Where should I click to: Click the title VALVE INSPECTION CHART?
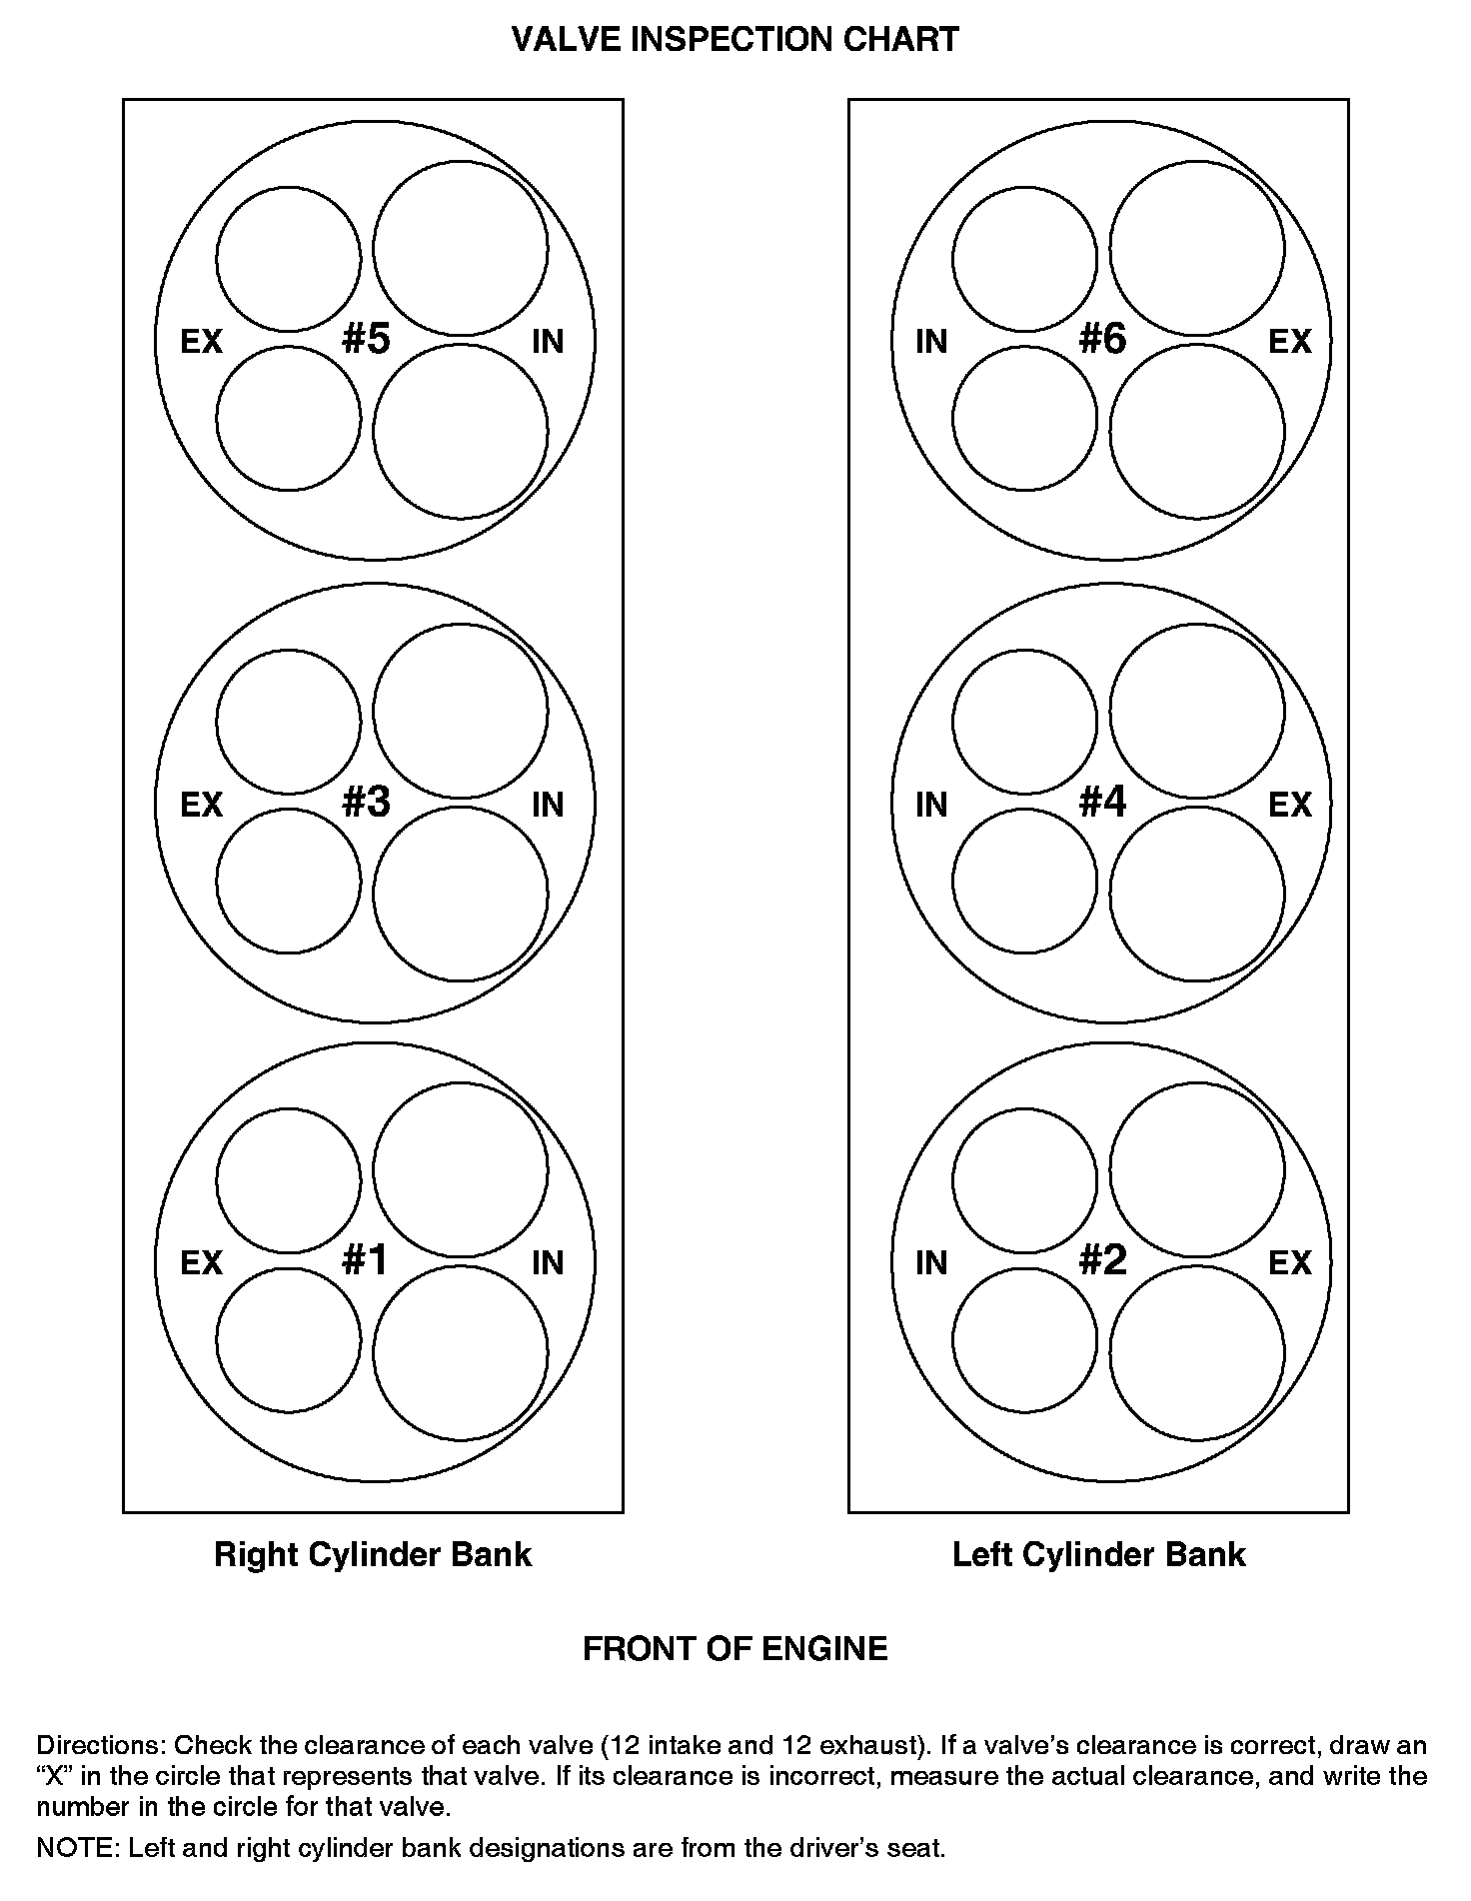click(735, 40)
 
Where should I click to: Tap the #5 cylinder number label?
click(365, 340)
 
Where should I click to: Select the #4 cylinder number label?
click(1102, 802)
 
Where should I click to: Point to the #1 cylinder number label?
click(365, 1261)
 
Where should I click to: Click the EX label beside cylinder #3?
click(201, 805)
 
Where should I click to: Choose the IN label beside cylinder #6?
click(931, 342)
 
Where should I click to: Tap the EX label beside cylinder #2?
click(1289, 1263)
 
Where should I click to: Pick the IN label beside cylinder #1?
click(548, 1263)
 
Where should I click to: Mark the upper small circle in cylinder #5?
click(288, 258)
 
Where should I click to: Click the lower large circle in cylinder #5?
click(461, 432)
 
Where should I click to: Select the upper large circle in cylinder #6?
click(1196, 248)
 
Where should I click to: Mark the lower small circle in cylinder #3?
click(288, 881)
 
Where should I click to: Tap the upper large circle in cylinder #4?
click(1196, 711)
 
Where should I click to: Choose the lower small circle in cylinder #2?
click(1024, 1340)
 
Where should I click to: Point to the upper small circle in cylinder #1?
click(288, 1179)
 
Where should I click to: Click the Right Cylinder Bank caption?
click(373, 1555)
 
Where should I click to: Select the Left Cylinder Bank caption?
click(1098, 1555)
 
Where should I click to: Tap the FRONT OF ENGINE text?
click(735, 1648)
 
